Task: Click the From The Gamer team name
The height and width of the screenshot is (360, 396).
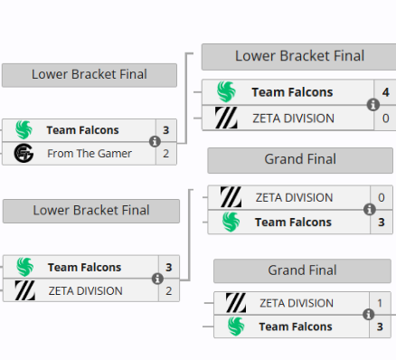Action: [x=90, y=154]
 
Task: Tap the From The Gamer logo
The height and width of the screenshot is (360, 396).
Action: [x=24, y=154]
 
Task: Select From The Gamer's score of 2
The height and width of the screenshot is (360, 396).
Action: [x=165, y=154]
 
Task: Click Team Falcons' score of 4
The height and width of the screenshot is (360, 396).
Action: [x=385, y=92]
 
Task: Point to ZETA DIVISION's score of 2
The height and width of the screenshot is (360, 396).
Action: [x=168, y=290]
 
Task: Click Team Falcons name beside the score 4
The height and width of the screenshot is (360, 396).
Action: [x=292, y=92]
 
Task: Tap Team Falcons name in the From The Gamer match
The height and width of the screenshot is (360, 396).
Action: [x=83, y=130]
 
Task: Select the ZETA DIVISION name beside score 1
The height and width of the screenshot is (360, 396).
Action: [x=296, y=303]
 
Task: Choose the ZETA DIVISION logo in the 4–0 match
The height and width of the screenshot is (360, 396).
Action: [x=227, y=118]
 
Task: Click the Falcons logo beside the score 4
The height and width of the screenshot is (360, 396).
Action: [x=227, y=92]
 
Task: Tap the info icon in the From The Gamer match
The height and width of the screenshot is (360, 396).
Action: [x=155, y=142]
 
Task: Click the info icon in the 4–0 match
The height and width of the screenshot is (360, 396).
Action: [x=372, y=105]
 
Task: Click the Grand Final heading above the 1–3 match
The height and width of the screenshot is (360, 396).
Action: [x=302, y=270]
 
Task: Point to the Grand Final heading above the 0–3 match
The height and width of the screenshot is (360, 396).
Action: [x=299, y=160]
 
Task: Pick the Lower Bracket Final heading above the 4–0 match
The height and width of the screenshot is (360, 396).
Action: [x=299, y=56]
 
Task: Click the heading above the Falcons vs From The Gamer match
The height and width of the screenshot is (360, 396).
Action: [x=89, y=74]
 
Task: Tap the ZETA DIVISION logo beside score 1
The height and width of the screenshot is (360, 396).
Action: [x=236, y=303]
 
